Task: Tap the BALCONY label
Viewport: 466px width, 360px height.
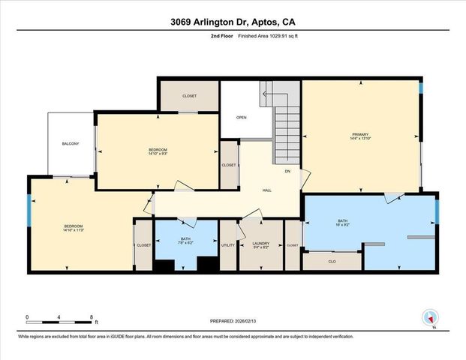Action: click(71, 143)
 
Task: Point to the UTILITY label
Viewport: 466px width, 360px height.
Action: click(228, 245)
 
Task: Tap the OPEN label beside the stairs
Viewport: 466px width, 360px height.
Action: click(242, 118)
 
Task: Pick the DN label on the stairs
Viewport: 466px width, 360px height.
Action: click(287, 171)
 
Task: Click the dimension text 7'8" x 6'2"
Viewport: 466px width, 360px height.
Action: click(185, 243)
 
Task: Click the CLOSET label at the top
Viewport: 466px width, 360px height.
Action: click(189, 96)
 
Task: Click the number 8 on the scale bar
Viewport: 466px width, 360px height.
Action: click(92, 317)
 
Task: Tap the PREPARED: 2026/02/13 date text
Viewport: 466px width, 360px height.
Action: click(233, 321)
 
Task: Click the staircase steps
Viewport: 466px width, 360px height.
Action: click(286, 127)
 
